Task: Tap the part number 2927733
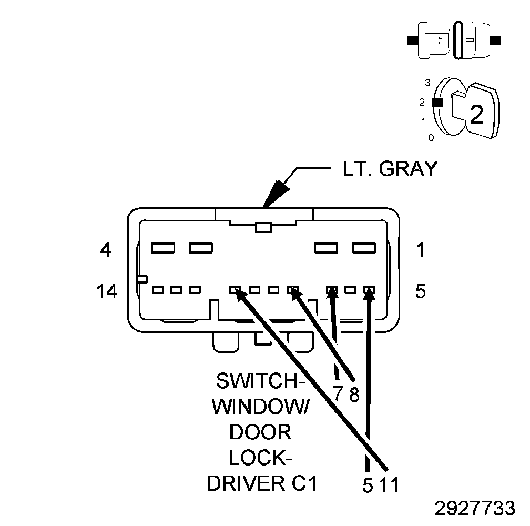[x=474, y=509]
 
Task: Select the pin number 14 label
[x=107, y=291]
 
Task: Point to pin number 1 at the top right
[x=420, y=250]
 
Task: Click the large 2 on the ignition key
[x=476, y=114]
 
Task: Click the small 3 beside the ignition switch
[x=427, y=83]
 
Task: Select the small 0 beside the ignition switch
[x=431, y=138]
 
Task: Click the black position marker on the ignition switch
[x=436, y=103]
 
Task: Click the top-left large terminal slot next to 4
[x=163, y=247]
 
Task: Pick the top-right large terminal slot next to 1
[x=363, y=247]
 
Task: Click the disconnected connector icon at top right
[x=454, y=40]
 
